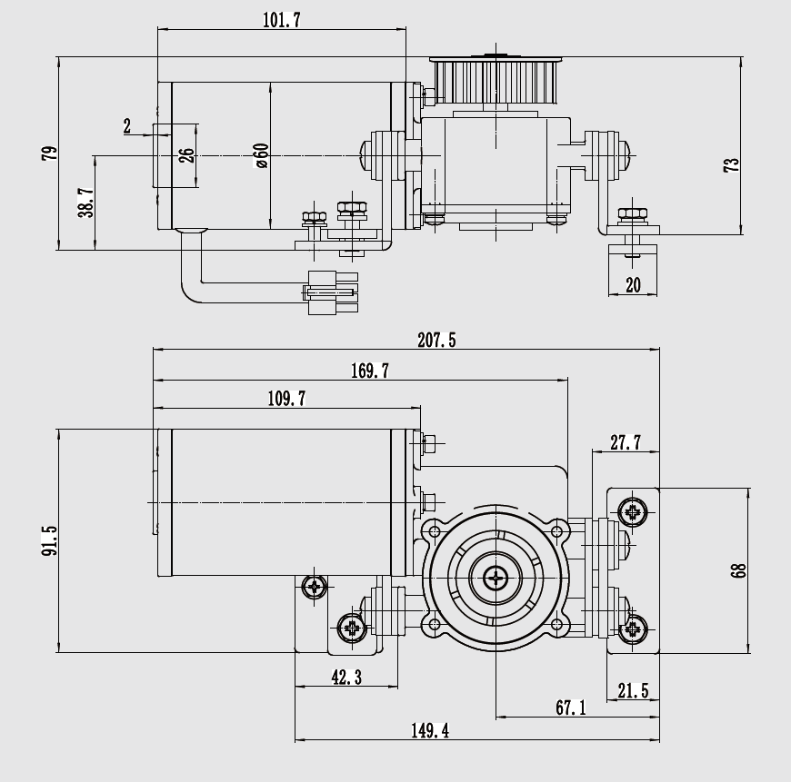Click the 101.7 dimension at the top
pyautogui.click(x=281, y=20)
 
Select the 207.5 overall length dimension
pyautogui.click(x=436, y=341)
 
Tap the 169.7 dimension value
pyautogui.click(x=369, y=371)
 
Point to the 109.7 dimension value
pyautogui.click(x=286, y=399)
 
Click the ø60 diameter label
pyautogui.click(x=261, y=156)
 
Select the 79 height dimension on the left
pyautogui.click(x=49, y=153)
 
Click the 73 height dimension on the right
pyautogui.click(x=732, y=164)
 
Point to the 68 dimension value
pyautogui.click(x=738, y=570)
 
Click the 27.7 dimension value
pyautogui.click(x=625, y=442)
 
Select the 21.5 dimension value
pyautogui.click(x=633, y=691)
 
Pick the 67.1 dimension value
pyautogui.click(x=569, y=708)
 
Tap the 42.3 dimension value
pyautogui.click(x=345, y=677)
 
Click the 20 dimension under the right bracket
pyautogui.click(x=633, y=285)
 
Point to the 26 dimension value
pyautogui.click(x=186, y=155)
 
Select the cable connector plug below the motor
pyautogui.click(x=332, y=292)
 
